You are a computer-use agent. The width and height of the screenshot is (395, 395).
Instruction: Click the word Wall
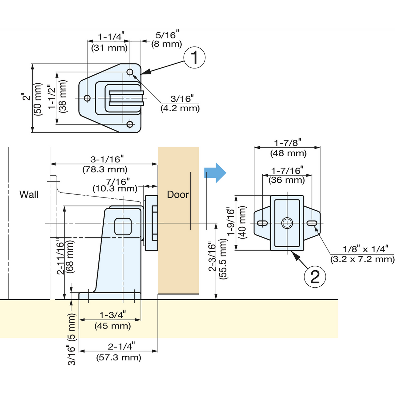click(x=29, y=195)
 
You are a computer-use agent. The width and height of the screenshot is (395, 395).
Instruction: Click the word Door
click(x=178, y=195)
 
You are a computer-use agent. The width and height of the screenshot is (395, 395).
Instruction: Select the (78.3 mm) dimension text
click(x=105, y=170)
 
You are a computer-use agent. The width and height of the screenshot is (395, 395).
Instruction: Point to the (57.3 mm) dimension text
click(x=118, y=357)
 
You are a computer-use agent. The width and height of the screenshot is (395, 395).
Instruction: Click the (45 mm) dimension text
click(x=113, y=326)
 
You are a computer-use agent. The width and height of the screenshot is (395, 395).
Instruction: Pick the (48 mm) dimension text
click(x=288, y=153)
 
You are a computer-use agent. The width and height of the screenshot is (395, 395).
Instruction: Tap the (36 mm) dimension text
click(x=287, y=180)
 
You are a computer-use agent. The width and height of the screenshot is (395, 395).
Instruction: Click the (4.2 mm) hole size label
click(x=180, y=108)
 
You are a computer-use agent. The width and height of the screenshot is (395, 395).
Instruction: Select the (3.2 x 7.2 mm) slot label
click(x=362, y=259)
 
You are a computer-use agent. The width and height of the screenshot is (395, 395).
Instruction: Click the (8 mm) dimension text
click(x=167, y=44)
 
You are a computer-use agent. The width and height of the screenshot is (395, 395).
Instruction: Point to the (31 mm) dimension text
click(x=109, y=48)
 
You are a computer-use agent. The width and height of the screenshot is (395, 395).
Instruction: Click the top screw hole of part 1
click(x=130, y=72)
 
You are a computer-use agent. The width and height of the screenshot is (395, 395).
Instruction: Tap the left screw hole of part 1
click(x=87, y=98)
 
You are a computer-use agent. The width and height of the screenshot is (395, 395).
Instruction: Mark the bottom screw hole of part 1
click(x=130, y=124)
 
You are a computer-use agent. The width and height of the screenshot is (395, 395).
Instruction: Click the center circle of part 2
click(x=287, y=223)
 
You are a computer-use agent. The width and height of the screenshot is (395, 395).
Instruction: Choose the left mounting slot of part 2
click(x=263, y=223)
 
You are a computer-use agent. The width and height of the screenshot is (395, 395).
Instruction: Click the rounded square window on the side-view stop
click(x=123, y=226)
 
